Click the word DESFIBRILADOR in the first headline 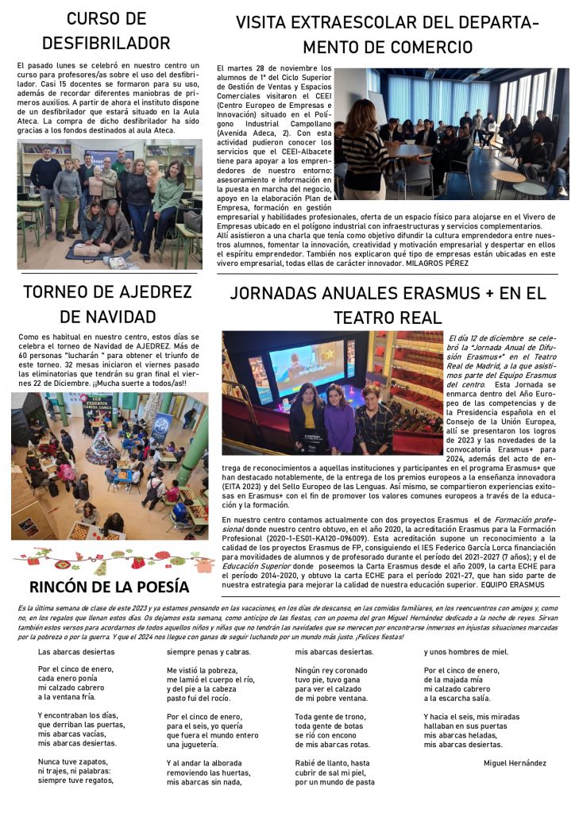coord(106,42)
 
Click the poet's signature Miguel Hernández coord(515,763)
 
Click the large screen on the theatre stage coord(307,368)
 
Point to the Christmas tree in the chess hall coord(103,445)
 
